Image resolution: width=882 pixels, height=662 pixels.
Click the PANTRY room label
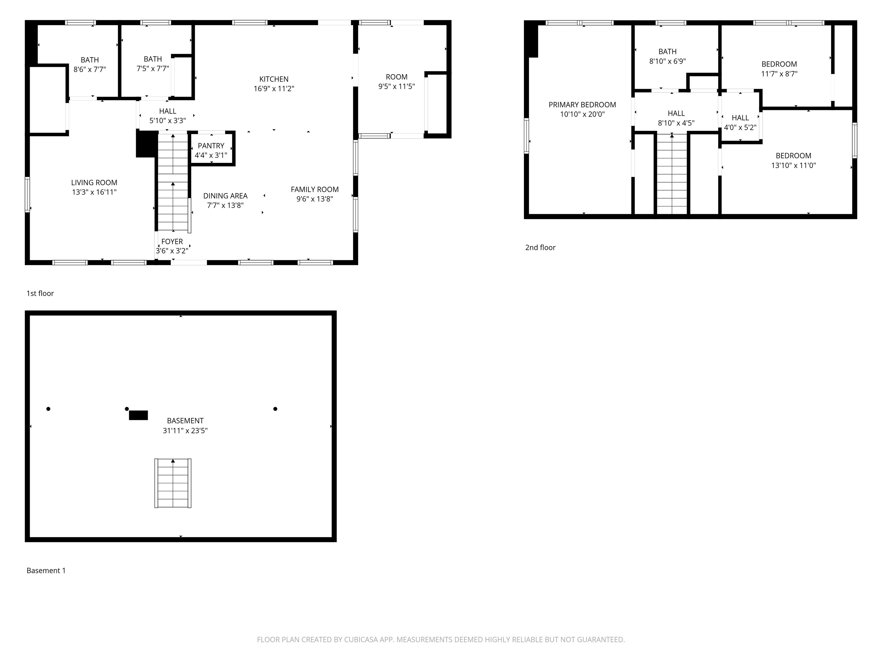pos(211,146)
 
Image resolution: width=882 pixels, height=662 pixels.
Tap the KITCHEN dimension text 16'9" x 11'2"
pos(274,88)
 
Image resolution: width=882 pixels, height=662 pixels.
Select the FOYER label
pos(172,241)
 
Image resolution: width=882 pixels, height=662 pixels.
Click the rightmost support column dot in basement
pos(275,409)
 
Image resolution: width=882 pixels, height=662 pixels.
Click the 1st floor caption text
pos(40,293)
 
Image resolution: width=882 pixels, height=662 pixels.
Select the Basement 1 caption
pos(46,571)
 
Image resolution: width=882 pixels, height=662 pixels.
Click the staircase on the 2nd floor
pos(672,174)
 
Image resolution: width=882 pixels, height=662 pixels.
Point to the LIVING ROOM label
pos(94,182)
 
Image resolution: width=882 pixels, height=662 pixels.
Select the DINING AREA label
pos(225,196)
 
